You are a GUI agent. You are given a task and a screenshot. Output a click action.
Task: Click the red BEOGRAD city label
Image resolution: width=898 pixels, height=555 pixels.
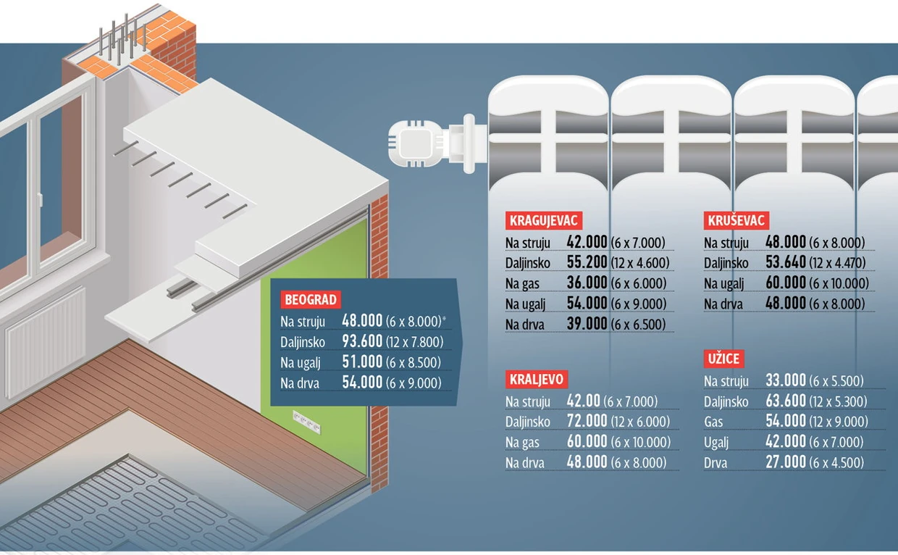click(311, 300)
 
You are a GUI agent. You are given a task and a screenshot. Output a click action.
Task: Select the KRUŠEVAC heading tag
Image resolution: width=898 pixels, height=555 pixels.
click(736, 221)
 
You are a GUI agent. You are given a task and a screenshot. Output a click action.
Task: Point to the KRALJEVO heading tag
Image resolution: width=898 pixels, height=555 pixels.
click(536, 380)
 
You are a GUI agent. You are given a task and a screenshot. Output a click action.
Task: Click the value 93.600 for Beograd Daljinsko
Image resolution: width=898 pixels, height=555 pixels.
click(362, 342)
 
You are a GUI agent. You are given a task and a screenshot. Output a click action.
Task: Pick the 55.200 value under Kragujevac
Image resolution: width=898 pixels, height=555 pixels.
click(587, 263)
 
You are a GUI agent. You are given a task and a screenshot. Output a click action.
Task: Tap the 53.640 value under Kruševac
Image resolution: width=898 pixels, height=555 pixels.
click(786, 263)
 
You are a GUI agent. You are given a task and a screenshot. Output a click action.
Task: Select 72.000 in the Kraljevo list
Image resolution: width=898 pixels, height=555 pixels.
click(587, 422)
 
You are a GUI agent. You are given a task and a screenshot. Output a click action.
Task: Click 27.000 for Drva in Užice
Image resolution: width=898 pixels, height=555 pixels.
click(786, 462)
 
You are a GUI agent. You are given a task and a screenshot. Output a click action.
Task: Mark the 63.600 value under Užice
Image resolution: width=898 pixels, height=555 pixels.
click(786, 401)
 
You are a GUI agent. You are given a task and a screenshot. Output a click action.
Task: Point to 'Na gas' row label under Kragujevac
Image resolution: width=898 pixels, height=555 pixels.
click(523, 283)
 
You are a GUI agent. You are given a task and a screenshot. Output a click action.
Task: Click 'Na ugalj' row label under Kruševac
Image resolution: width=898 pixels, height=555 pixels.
click(724, 283)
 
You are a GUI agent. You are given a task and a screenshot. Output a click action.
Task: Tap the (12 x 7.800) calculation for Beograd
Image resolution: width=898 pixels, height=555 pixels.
click(414, 343)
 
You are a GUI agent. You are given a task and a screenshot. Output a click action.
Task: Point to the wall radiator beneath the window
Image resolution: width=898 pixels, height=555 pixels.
click(45, 341)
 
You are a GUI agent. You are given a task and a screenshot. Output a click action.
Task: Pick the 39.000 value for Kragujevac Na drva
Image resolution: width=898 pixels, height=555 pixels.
click(587, 324)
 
